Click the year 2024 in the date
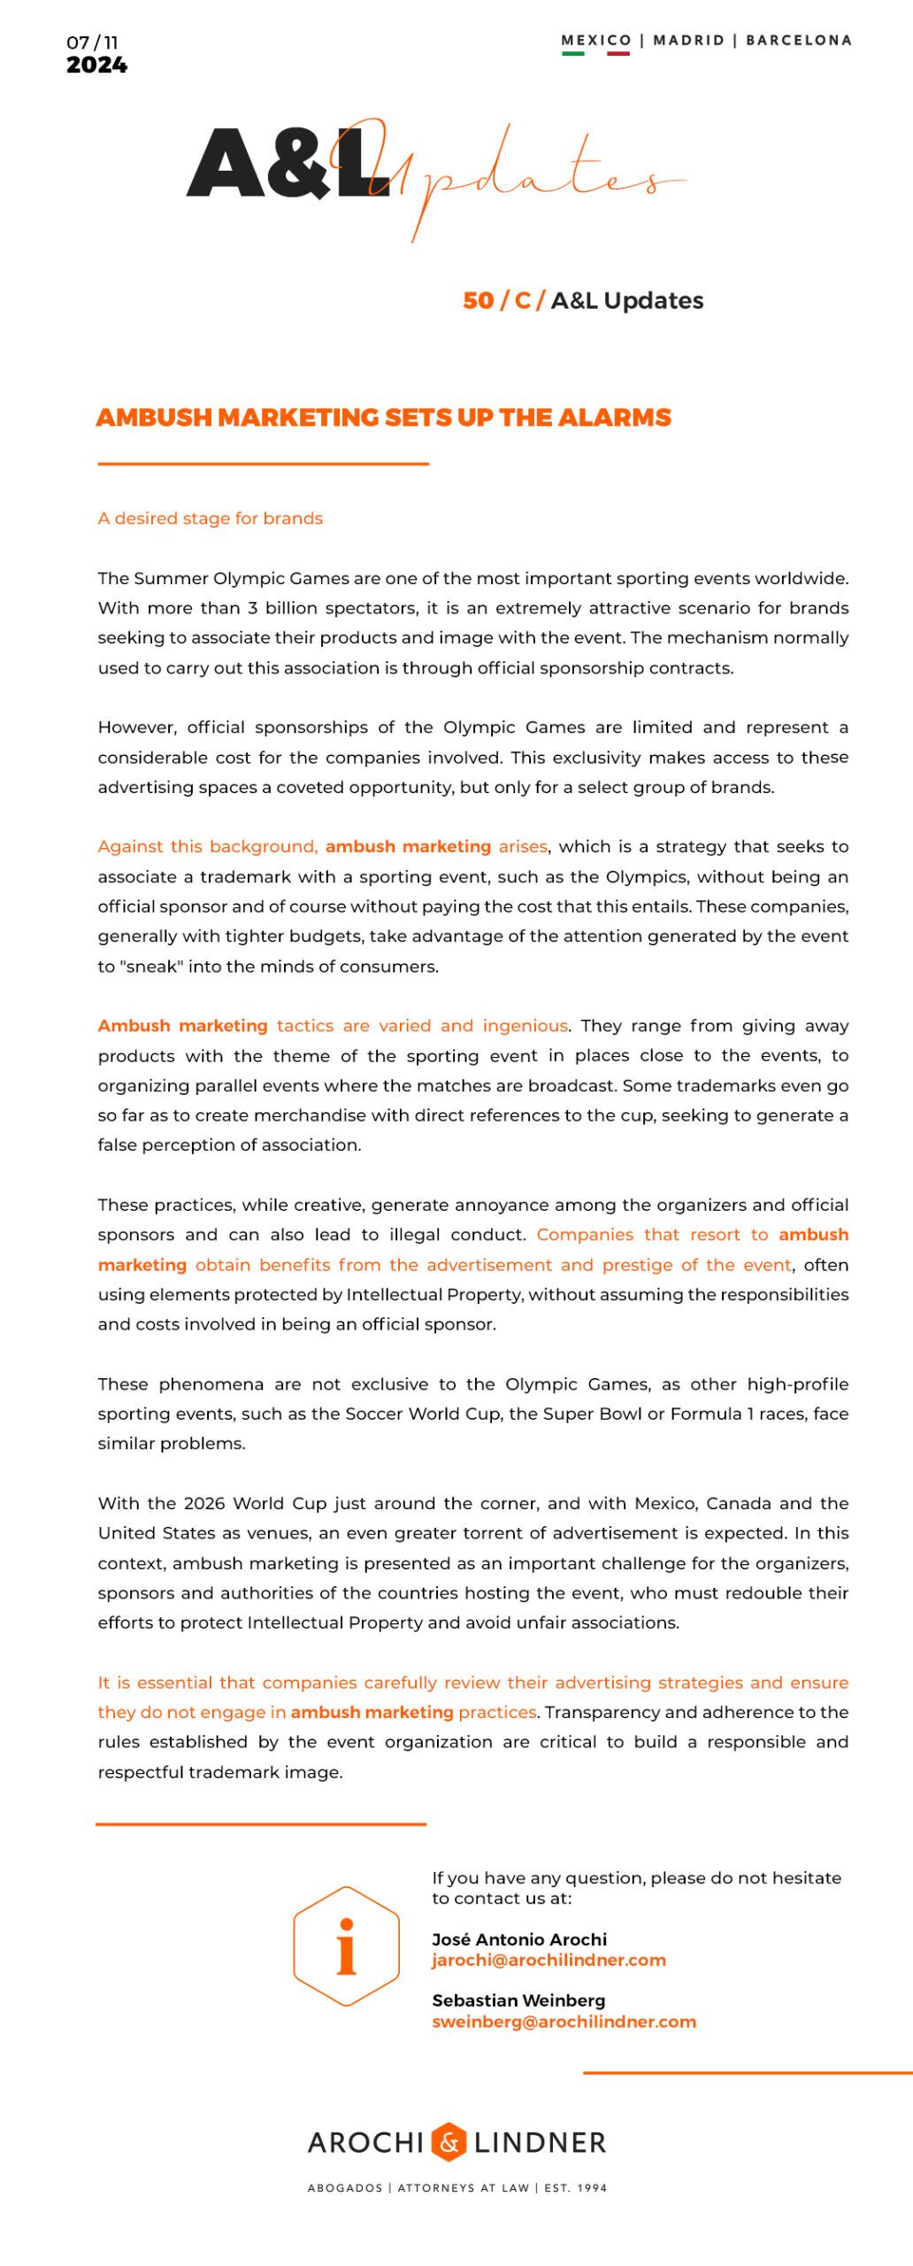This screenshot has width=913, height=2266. coord(96,66)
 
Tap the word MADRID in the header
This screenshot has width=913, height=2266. coord(688,40)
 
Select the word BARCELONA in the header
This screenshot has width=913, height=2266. coord(798,40)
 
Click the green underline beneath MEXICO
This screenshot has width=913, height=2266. coord(573,53)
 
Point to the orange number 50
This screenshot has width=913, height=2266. coord(478,301)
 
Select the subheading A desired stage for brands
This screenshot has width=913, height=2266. coord(210,519)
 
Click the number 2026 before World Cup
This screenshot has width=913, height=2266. coord(204,1503)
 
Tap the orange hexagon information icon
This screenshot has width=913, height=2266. coord(346,1946)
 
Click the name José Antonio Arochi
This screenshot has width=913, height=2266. coord(519,1939)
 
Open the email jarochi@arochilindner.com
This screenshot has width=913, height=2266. coord(549,1960)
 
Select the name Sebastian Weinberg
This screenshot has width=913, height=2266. coord(518,2000)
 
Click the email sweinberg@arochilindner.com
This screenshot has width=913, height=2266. coord(564,2022)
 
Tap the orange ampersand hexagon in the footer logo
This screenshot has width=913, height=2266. coord(449,2142)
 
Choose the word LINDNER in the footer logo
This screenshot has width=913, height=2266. coord(540,2143)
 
